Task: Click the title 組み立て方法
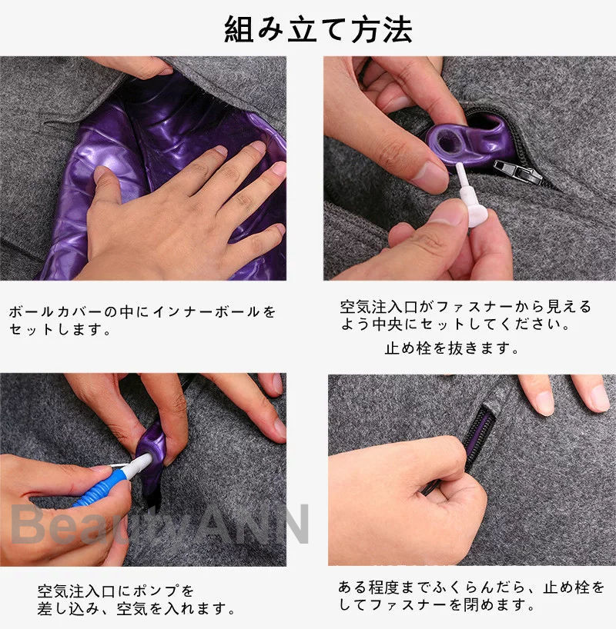tap(318, 29)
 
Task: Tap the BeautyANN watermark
tap(160, 524)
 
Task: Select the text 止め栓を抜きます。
tap(452, 348)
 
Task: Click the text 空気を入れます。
tap(176, 608)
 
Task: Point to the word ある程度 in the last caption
tap(369, 587)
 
